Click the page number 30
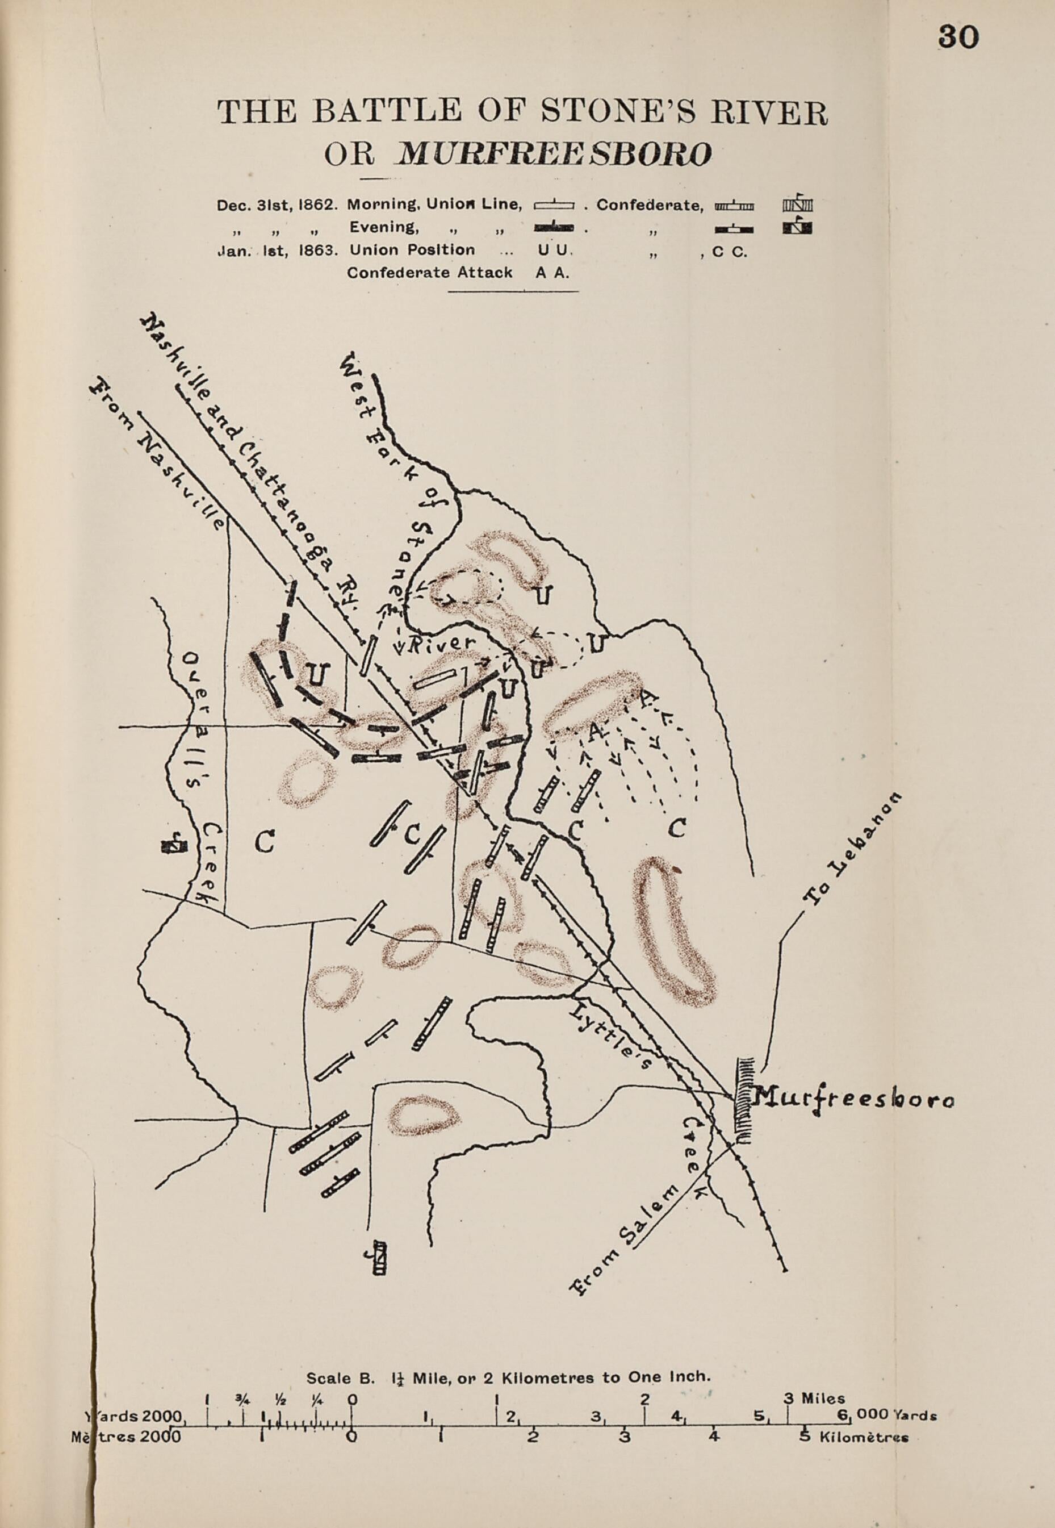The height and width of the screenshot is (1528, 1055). (x=957, y=37)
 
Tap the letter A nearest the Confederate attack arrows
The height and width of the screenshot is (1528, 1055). (x=593, y=731)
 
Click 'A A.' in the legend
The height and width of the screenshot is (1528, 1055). (x=551, y=273)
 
